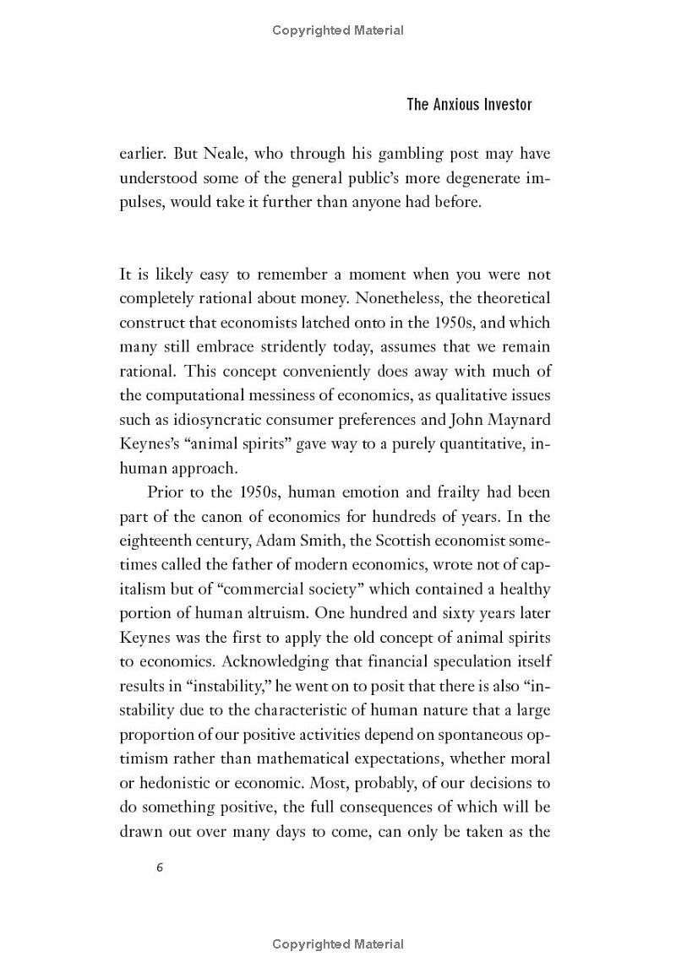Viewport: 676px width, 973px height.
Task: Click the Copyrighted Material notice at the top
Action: tap(338, 30)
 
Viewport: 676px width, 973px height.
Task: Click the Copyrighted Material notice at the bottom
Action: tap(338, 944)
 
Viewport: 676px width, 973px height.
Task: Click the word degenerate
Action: tap(474, 178)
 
